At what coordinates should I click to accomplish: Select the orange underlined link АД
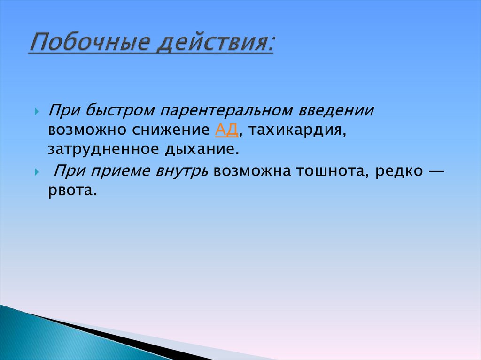point(226,130)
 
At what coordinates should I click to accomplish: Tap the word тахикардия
point(298,130)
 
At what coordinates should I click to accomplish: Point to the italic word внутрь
point(180,171)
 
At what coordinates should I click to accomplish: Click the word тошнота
point(332,171)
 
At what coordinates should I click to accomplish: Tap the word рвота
point(72,191)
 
